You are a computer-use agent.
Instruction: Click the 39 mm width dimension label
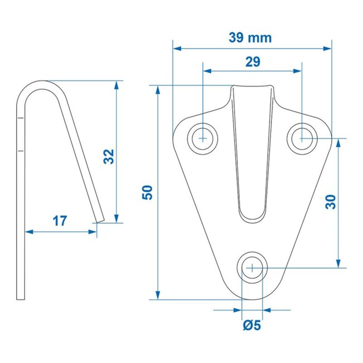point(250,37)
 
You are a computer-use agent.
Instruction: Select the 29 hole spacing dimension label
point(252,62)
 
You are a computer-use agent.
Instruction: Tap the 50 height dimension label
point(147,193)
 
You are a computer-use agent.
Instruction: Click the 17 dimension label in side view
point(60,221)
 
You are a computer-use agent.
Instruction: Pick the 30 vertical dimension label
point(330,201)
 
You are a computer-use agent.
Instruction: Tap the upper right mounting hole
point(302,136)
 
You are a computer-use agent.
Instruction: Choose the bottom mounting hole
point(253,268)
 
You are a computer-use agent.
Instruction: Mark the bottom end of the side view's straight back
point(23,299)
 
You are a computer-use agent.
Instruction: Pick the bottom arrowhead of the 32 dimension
point(117,218)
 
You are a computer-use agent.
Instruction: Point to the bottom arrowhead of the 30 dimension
point(338,264)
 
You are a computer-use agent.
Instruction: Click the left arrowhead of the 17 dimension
point(28,231)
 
